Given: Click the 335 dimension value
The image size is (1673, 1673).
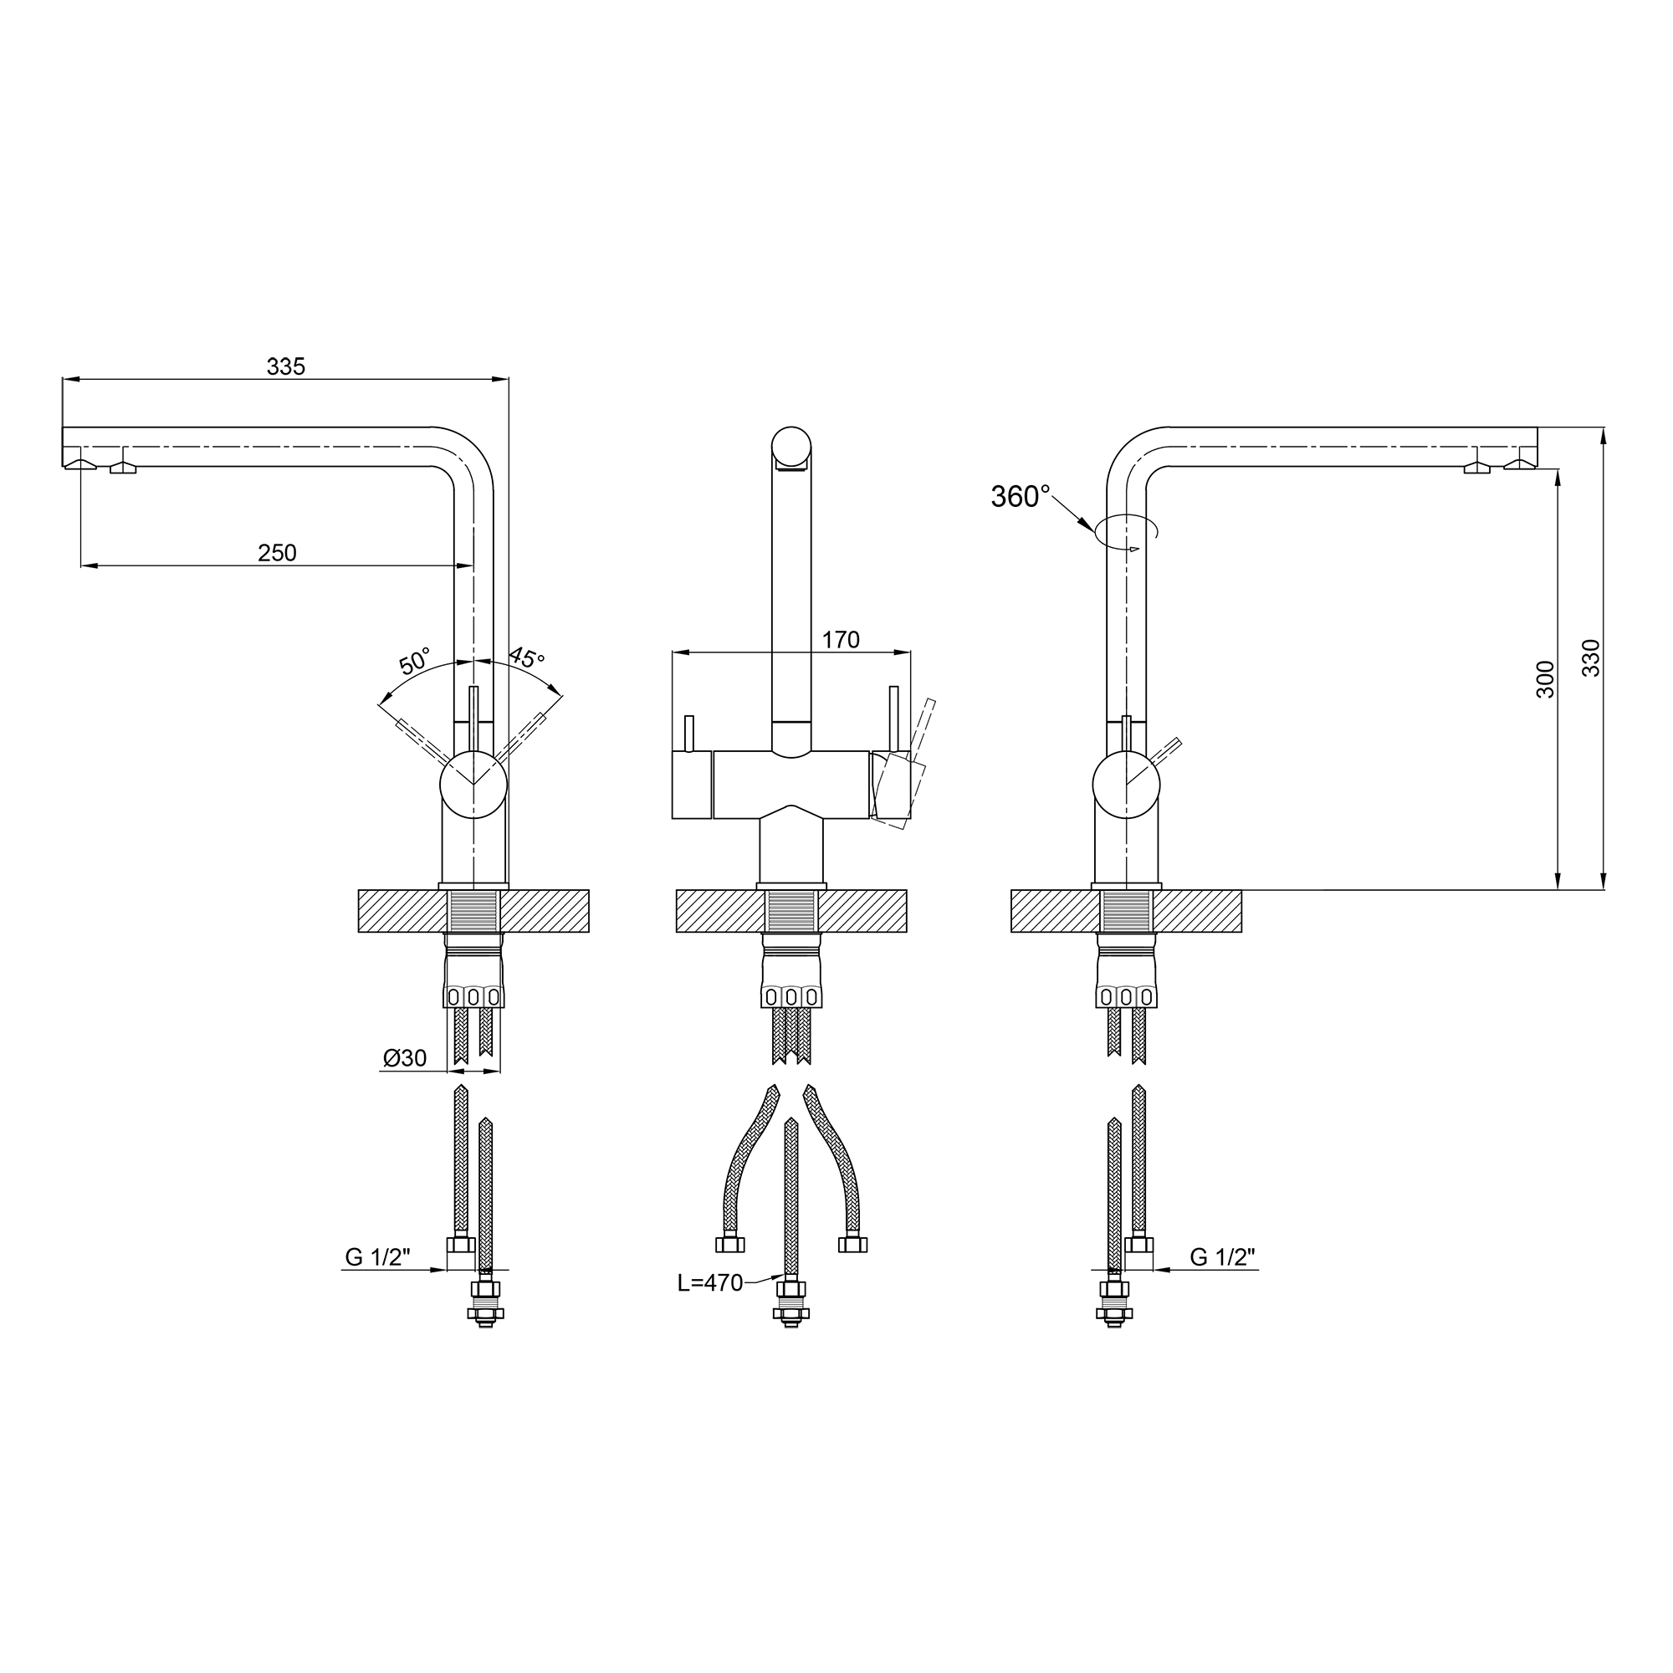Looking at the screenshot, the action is click(x=286, y=366).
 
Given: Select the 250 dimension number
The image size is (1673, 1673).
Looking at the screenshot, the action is click(x=277, y=552).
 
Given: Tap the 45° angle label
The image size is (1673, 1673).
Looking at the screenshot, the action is click(x=526, y=657).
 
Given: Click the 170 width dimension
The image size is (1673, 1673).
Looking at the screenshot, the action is click(x=840, y=640).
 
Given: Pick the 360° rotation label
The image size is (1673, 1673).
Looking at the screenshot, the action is click(x=1020, y=496).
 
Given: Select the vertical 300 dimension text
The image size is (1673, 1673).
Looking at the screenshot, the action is click(x=1546, y=679).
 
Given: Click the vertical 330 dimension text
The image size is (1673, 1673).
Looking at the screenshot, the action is click(x=1592, y=657).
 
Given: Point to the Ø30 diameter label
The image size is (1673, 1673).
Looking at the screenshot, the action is click(x=405, y=1057).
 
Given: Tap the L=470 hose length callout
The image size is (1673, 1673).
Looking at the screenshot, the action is click(x=710, y=1282).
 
